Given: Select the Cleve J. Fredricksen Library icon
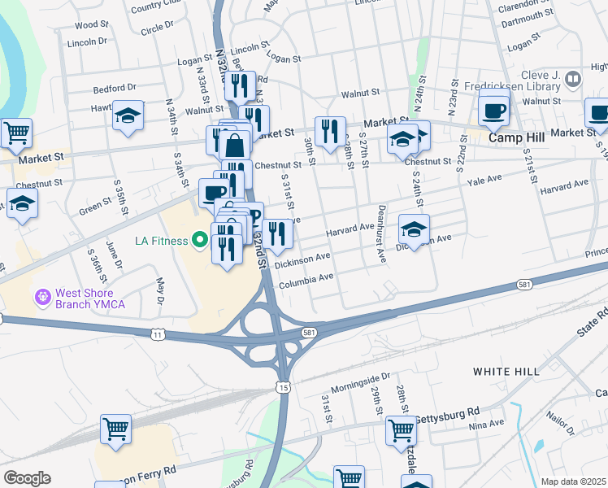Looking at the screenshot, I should pyautogui.click(x=574, y=79).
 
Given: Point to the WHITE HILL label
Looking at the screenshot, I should pyautogui.click(x=506, y=371).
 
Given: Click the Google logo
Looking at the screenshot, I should pyautogui.click(x=27, y=478).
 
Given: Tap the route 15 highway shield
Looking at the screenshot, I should pyautogui.click(x=282, y=387).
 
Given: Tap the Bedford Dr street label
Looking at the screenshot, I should pyautogui.click(x=114, y=87).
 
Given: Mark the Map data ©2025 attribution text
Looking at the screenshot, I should pyautogui.click(x=573, y=481).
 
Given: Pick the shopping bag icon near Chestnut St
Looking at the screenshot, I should pyautogui.click(x=235, y=146).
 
